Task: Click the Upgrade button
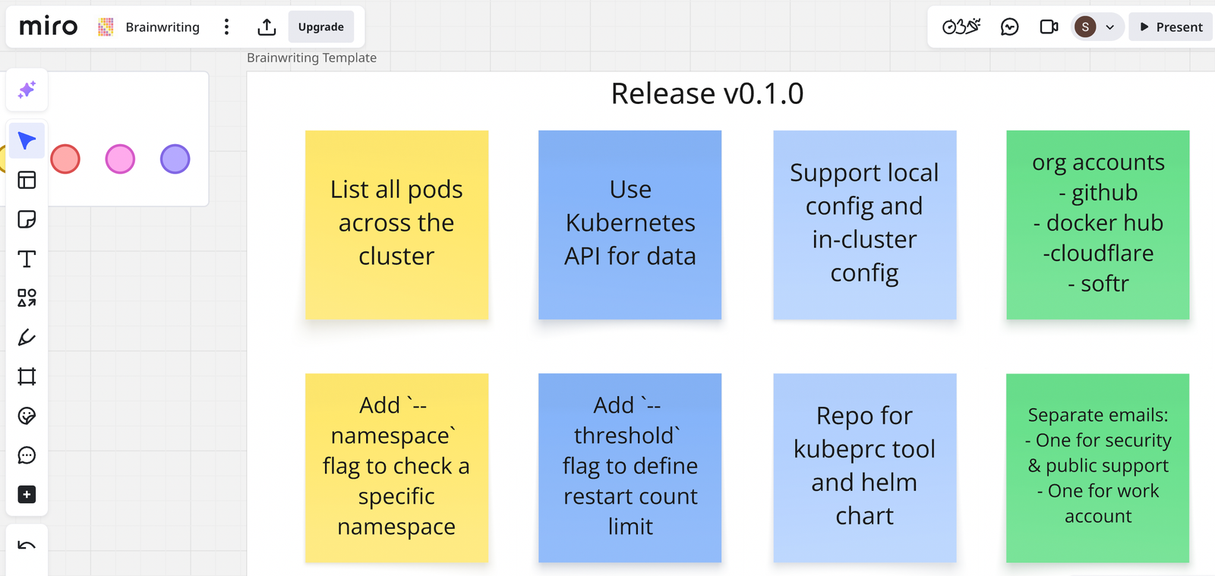coord(320,27)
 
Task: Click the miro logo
coord(49,27)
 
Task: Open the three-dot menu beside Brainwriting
coord(226,27)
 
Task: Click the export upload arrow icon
coord(267,27)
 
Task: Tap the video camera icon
coord(1049,27)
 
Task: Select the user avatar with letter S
coord(1085,27)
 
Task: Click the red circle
coord(65,159)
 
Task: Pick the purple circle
coord(175,159)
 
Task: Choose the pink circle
coord(120,159)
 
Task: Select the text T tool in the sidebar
coord(27,259)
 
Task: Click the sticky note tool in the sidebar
coord(27,219)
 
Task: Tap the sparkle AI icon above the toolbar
coord(27,90)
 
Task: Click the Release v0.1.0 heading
coord(707,94)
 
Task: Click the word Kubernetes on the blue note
coord(630,223)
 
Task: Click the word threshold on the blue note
coord(624,436)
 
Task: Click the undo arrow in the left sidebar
coord(27,546)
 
